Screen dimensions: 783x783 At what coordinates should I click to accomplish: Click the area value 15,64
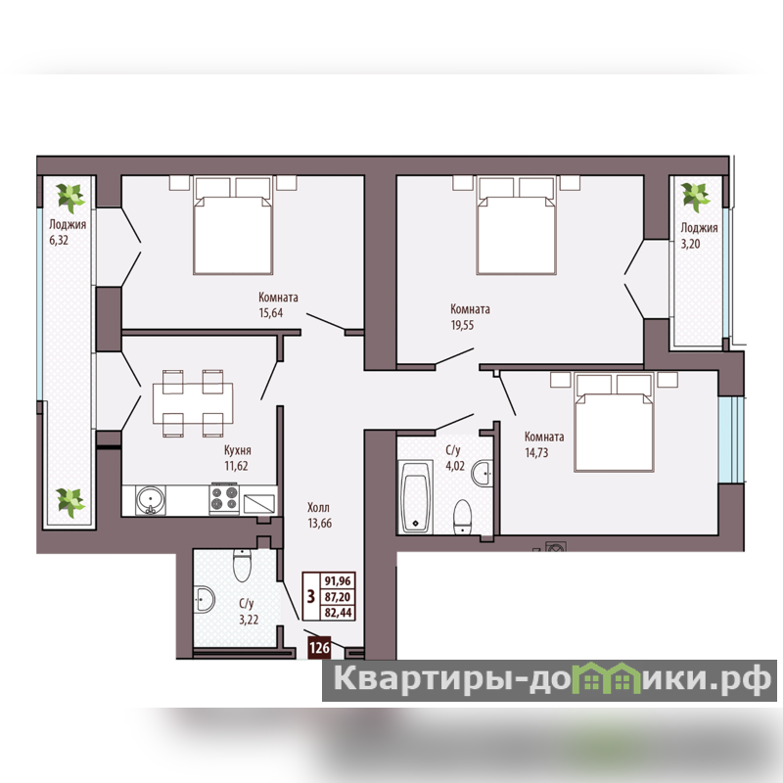[x=271, y=313]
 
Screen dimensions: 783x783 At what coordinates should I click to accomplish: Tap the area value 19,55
[x=462, y=325]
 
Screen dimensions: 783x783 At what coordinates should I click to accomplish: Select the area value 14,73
[x=536, y=452]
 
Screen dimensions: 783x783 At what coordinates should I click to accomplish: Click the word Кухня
[x=237, y=450]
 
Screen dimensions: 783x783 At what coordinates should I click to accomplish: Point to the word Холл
[x=318, y=508]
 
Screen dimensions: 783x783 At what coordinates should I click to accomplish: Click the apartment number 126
[x=320, y=648]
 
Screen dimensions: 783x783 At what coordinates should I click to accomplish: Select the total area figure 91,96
[x=338, y=580]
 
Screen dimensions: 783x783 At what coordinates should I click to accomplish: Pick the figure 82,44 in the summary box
[x=338, y=613]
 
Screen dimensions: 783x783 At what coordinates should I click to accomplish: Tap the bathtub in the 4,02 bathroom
[x=415, y=496]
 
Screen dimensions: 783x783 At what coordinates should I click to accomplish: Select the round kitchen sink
[x=151, y=500]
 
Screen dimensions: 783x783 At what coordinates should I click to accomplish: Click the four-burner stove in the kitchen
[x=224, y=498]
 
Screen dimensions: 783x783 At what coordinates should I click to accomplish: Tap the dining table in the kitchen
[x=193, y=403]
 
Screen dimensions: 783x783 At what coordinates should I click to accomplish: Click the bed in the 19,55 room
[x=517, y=225]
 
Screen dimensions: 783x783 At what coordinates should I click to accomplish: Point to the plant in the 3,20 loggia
[x=696, y=196]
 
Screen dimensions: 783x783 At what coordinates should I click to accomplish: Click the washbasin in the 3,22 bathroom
[x=205, y=599]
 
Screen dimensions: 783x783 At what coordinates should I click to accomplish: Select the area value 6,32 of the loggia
[x=59, y=240]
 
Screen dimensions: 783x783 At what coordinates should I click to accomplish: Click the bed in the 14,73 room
[x=615, y=422]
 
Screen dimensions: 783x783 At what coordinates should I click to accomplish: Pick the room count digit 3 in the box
[x=311, y=596]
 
